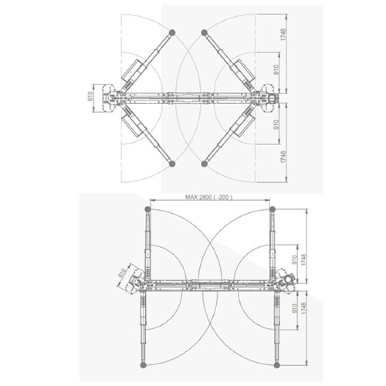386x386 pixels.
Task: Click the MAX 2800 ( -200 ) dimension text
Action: click(209, 197)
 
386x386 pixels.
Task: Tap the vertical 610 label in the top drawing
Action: click(90, 96)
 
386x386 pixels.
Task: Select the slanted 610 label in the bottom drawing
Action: click(123, 273)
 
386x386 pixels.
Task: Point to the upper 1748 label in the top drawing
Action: click(284, 34)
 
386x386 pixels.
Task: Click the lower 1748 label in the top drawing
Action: click(284, 157)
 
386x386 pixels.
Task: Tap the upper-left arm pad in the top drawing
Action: click(172, 32)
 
